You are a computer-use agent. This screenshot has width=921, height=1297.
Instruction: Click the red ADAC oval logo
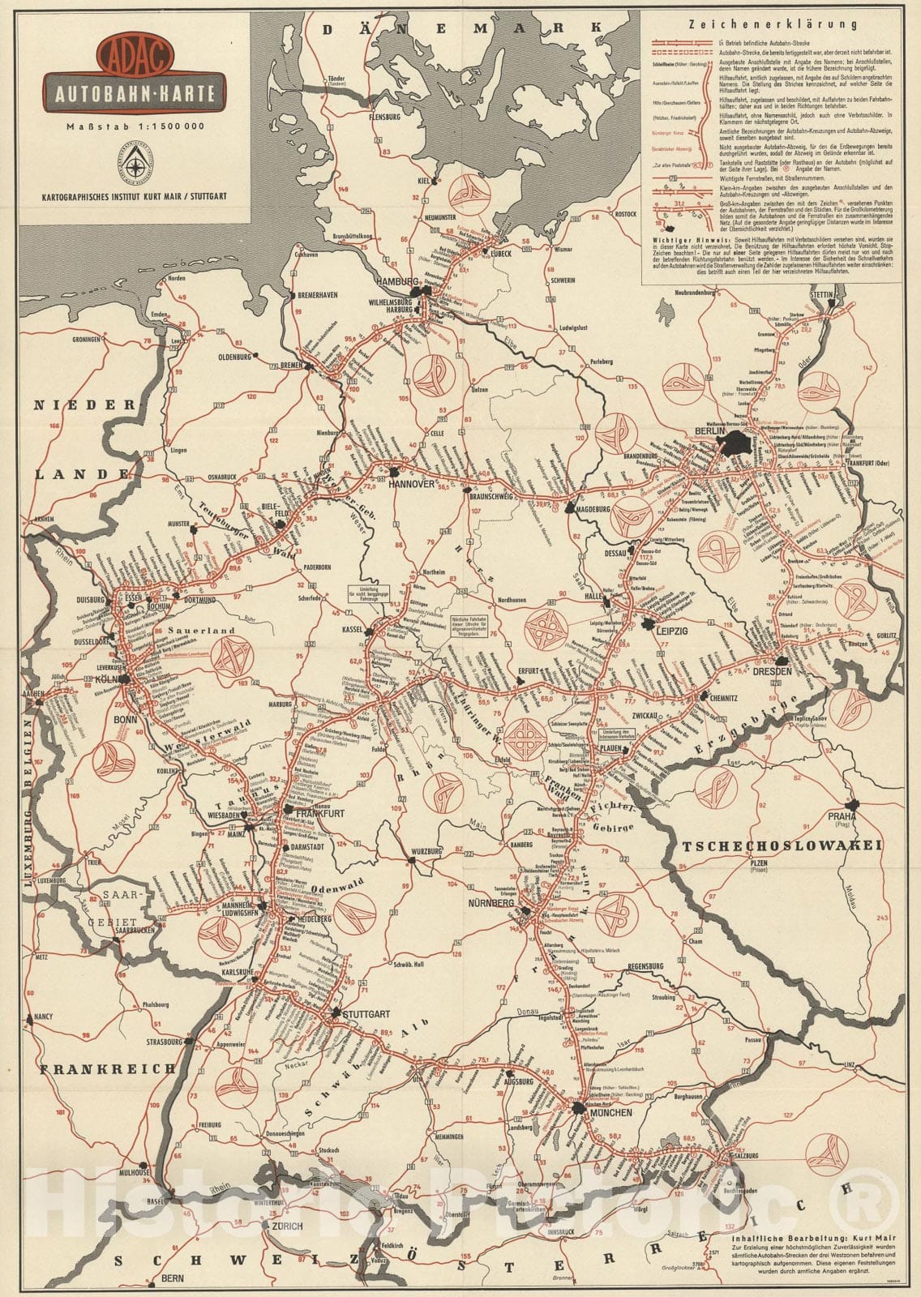(134, 54)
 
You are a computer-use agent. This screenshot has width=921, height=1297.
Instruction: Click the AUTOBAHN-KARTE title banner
(135, 93)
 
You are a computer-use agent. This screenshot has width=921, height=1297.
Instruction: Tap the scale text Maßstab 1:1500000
(135, 125)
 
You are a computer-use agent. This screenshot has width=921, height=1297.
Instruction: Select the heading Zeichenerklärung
(772, 24)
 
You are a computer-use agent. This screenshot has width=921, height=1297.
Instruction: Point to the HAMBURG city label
(395, 281)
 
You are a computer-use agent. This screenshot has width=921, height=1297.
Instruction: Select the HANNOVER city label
(412, 484)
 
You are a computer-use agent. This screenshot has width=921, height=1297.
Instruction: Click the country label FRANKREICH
(108, 1068)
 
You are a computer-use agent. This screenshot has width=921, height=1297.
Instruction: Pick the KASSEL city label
(352, 629)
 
